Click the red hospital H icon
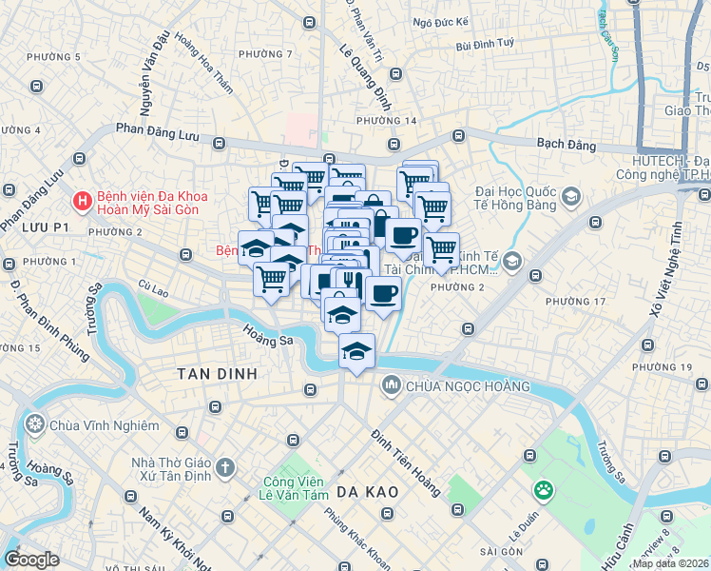(x=84, y=202)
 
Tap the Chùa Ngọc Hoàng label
(x=466, y=385)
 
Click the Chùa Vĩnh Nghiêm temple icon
(x=36, y=424)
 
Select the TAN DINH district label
(x=217, y=374)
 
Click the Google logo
(x=32, y=560)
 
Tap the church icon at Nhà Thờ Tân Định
(x=224, y=467)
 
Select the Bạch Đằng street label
(x=566, y=146)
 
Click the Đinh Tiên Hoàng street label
(x=406, y=463)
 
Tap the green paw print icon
(x=544, y=491)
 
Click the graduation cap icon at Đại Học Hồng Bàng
(x=571, y=197)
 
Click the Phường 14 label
(x=386, y=121)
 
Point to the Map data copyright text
(x=670, y=563)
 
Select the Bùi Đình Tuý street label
(x=484, y=44)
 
